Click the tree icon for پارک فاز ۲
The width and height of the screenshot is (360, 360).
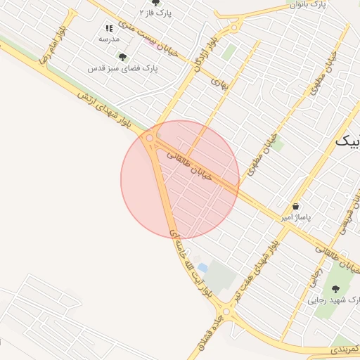(155, 2)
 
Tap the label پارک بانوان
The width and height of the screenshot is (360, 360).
(309, 5)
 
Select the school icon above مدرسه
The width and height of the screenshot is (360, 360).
(109, 28)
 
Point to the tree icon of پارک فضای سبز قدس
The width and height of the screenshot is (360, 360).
(123, 57)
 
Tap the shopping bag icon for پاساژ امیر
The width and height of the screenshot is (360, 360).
(295, 207)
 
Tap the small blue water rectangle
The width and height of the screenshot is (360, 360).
(202, 268)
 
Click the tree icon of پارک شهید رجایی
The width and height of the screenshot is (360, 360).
(334, 288)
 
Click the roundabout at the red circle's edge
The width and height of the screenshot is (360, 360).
(149, 139)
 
